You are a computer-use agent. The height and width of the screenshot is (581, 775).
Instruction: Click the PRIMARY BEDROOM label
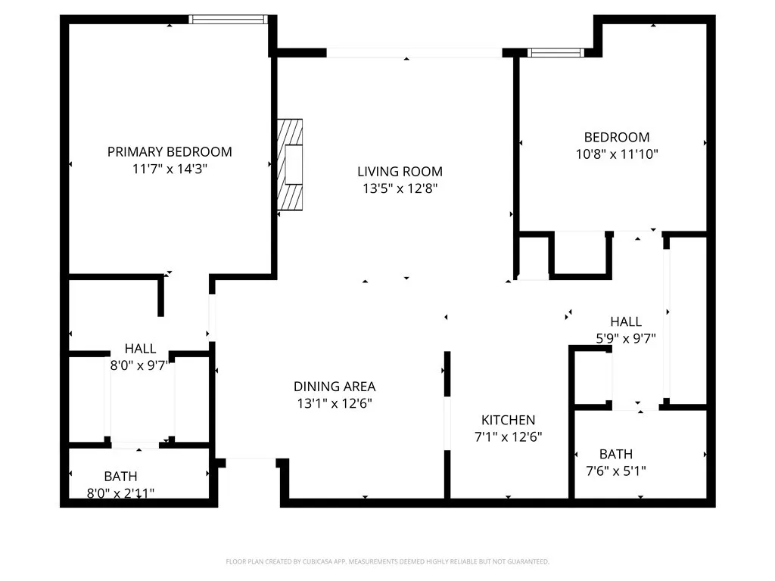point(170,151)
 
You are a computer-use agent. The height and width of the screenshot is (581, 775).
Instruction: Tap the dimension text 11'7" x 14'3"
point(170,169)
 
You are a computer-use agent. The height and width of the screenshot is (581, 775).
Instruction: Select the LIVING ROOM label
point(400,171)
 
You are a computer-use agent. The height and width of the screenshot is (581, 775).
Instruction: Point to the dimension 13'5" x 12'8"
point(400,188)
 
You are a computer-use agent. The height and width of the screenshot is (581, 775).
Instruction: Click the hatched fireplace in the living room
point(290,164)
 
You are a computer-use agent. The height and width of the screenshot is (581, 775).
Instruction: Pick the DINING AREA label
point(335,386)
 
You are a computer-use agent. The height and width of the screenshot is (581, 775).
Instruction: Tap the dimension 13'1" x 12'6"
point(335,403)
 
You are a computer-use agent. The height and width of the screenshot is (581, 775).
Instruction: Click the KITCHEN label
point(508,420)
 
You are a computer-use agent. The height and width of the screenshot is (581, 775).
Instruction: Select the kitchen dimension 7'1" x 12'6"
point(508,437)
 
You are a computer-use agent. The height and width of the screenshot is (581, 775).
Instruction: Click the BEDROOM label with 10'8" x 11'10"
point(616,137)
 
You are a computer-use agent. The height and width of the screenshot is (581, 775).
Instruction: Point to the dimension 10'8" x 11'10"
point(616,154)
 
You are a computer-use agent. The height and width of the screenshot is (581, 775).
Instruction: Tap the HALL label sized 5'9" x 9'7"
point(626,322)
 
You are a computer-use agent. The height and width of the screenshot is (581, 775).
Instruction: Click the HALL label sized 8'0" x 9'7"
point(140,349)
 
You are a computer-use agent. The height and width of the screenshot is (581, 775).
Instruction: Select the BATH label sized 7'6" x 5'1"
point(616,454)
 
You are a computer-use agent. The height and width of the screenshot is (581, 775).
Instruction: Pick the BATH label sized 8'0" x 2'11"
point(121,477)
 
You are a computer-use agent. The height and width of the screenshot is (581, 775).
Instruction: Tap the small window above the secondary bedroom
point(556,52)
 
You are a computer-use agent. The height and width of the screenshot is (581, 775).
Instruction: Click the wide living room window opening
point(414,53)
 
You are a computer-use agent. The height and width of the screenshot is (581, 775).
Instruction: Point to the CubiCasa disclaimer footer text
point(387,561)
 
